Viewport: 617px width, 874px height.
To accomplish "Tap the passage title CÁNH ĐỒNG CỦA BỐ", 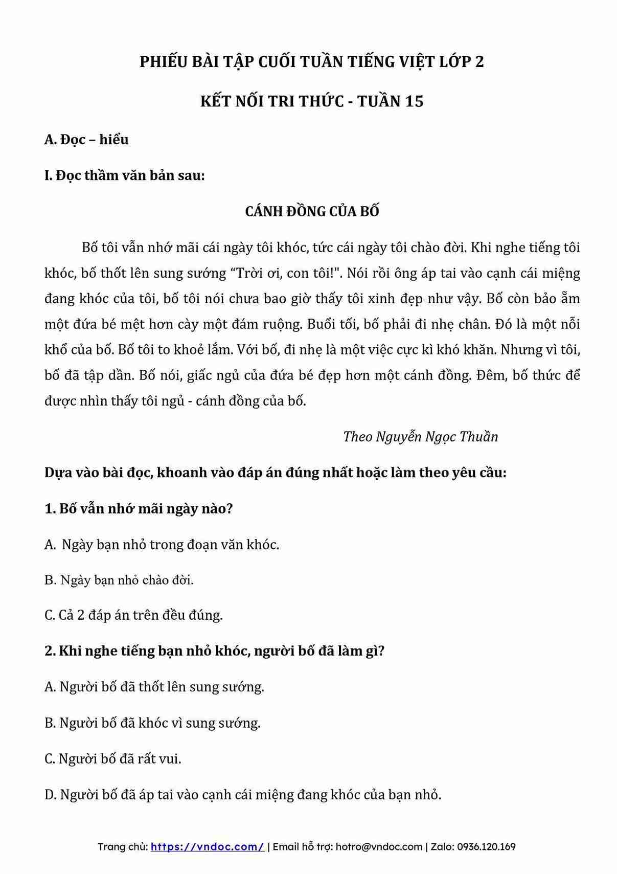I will [x=312, y=211].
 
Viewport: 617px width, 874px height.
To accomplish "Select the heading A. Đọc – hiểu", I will [x=86, y=140].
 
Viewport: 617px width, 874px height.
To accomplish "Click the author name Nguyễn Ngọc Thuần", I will [x=437, y=437].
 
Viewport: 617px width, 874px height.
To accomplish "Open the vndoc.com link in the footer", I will [x=207, y=846].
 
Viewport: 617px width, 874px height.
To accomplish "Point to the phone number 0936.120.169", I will [x=486, y=846].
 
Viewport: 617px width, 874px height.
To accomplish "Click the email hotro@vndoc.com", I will [x=379, y=846].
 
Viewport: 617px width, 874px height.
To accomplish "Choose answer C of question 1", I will [x=133, y=615].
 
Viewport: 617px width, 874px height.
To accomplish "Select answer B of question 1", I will [x=119, y=580].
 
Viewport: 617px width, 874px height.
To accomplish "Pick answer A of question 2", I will [x=154, y=686].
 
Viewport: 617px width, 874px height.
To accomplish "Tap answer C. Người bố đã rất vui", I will [x=113, y=758].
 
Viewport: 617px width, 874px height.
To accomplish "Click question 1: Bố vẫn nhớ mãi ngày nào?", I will [x=139, y=509].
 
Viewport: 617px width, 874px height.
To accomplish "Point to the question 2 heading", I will [x=214, y=651].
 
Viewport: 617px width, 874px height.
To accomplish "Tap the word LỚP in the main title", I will [x=454, y=62].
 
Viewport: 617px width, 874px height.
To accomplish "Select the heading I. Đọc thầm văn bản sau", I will [x=125, y=175].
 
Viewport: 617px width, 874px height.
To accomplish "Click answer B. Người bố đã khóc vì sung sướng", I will [x=152, y=723].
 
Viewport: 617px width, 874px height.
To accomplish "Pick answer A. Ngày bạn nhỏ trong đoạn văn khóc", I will [x=162, y=545].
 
